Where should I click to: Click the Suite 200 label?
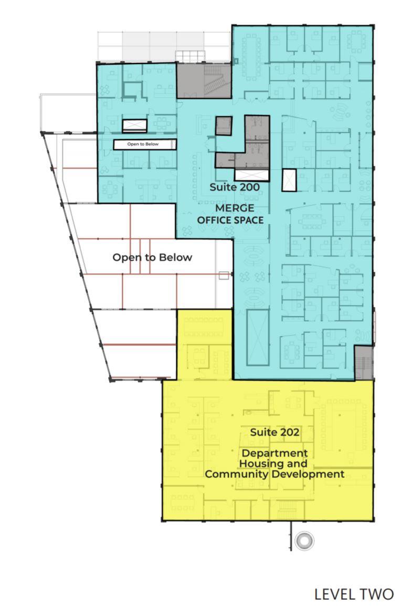click(234, 187)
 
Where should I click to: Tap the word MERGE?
click(235, 208)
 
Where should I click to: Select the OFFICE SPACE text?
click(230, 220)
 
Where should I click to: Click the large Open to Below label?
click(152, 257)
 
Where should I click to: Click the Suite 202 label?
click(275, 432)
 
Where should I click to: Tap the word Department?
click(275, 454)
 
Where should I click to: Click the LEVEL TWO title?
click(354, 594)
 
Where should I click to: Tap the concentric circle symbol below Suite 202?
click(304, 541)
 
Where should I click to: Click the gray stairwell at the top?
click(204, 80)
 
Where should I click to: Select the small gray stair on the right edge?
click(364, 362)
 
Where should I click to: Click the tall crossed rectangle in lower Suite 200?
click(258, 338)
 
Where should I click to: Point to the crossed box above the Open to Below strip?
click(135, 126)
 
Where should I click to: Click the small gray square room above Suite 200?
click(224, 126)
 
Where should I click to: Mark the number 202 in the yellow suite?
click(290, 432)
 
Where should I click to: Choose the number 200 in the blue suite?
click(249, 187)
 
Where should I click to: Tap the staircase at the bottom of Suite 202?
click(287, 508)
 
